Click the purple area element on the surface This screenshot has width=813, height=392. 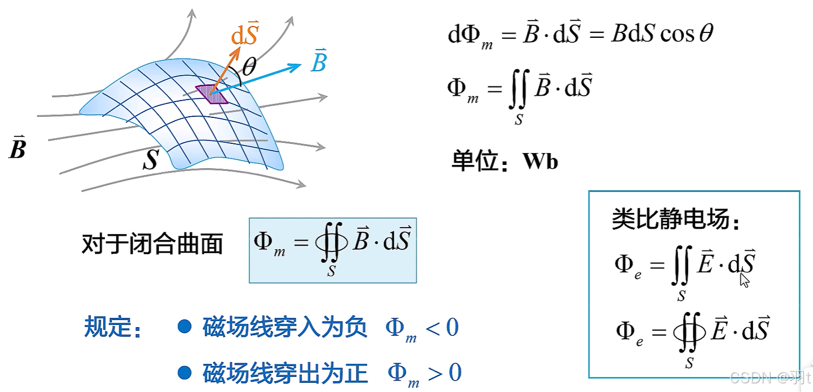[x=212, y=95]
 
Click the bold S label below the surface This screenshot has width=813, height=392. [x=150, y=160]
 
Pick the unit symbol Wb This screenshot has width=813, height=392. [x=540, y=162]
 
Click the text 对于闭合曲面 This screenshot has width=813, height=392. [x=152, y=244]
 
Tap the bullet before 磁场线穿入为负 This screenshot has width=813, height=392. [x=185, y=326]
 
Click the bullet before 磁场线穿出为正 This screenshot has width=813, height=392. [x=185, y=372]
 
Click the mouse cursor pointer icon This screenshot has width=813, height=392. [x=745, y=280]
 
